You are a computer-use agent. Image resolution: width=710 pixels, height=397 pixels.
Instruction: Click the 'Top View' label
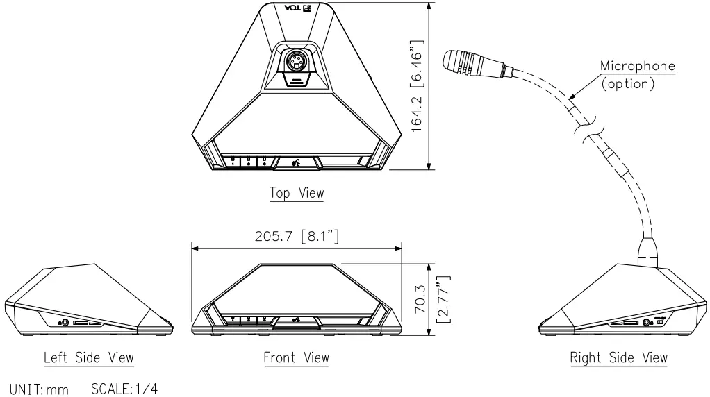(x=297, y=192)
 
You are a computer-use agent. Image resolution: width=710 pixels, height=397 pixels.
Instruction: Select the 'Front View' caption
(x=296, y=357)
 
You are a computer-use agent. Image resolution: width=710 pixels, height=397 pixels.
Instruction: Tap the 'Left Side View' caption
(x=89, y=357)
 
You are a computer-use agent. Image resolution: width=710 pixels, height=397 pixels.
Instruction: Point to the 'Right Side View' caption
(x=618, y=357)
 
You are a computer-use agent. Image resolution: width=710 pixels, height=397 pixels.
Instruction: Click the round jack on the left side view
(x=65, y=321)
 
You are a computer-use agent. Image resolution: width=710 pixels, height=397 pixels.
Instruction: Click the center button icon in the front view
(x=297, y=320)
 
